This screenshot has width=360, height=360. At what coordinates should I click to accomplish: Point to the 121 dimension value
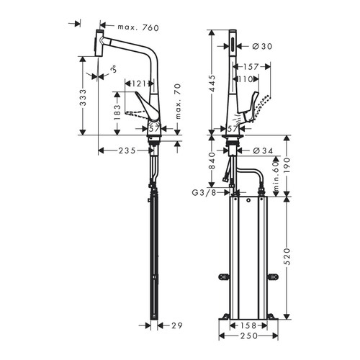coord(140,83)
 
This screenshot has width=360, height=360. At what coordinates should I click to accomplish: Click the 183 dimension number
coord(117,110)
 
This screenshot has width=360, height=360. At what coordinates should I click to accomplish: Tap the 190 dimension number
coord(287,164)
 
